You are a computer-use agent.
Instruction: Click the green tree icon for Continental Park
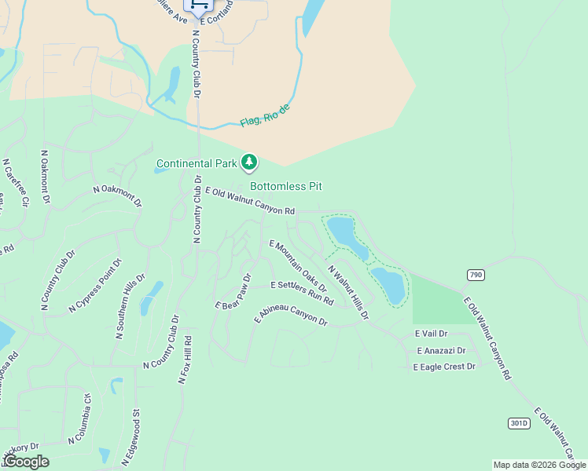click(249, 162)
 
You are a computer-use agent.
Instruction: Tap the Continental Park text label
click(196, 164)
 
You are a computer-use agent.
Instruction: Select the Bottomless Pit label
click(286, 186)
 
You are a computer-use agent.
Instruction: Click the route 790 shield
click(475, 275)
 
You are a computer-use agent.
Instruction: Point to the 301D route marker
click(519, 423)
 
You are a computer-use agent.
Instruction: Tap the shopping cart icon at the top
click(199, 5)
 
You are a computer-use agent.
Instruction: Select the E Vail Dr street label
click(431, 334)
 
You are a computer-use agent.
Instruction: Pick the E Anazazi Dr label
click(441, 350)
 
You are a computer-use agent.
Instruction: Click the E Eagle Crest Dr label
click(445, 367)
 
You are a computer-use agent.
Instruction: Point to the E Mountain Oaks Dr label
click(297, 267)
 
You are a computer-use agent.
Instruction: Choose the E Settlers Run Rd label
click(302, 293)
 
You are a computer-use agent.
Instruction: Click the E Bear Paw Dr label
click(233, 290)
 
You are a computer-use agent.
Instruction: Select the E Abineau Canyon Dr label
click(291, 315)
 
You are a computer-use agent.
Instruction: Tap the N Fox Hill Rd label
click(186, 360)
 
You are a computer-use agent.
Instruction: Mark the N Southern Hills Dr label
click(130, 306)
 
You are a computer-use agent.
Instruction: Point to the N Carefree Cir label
click(16, 182)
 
